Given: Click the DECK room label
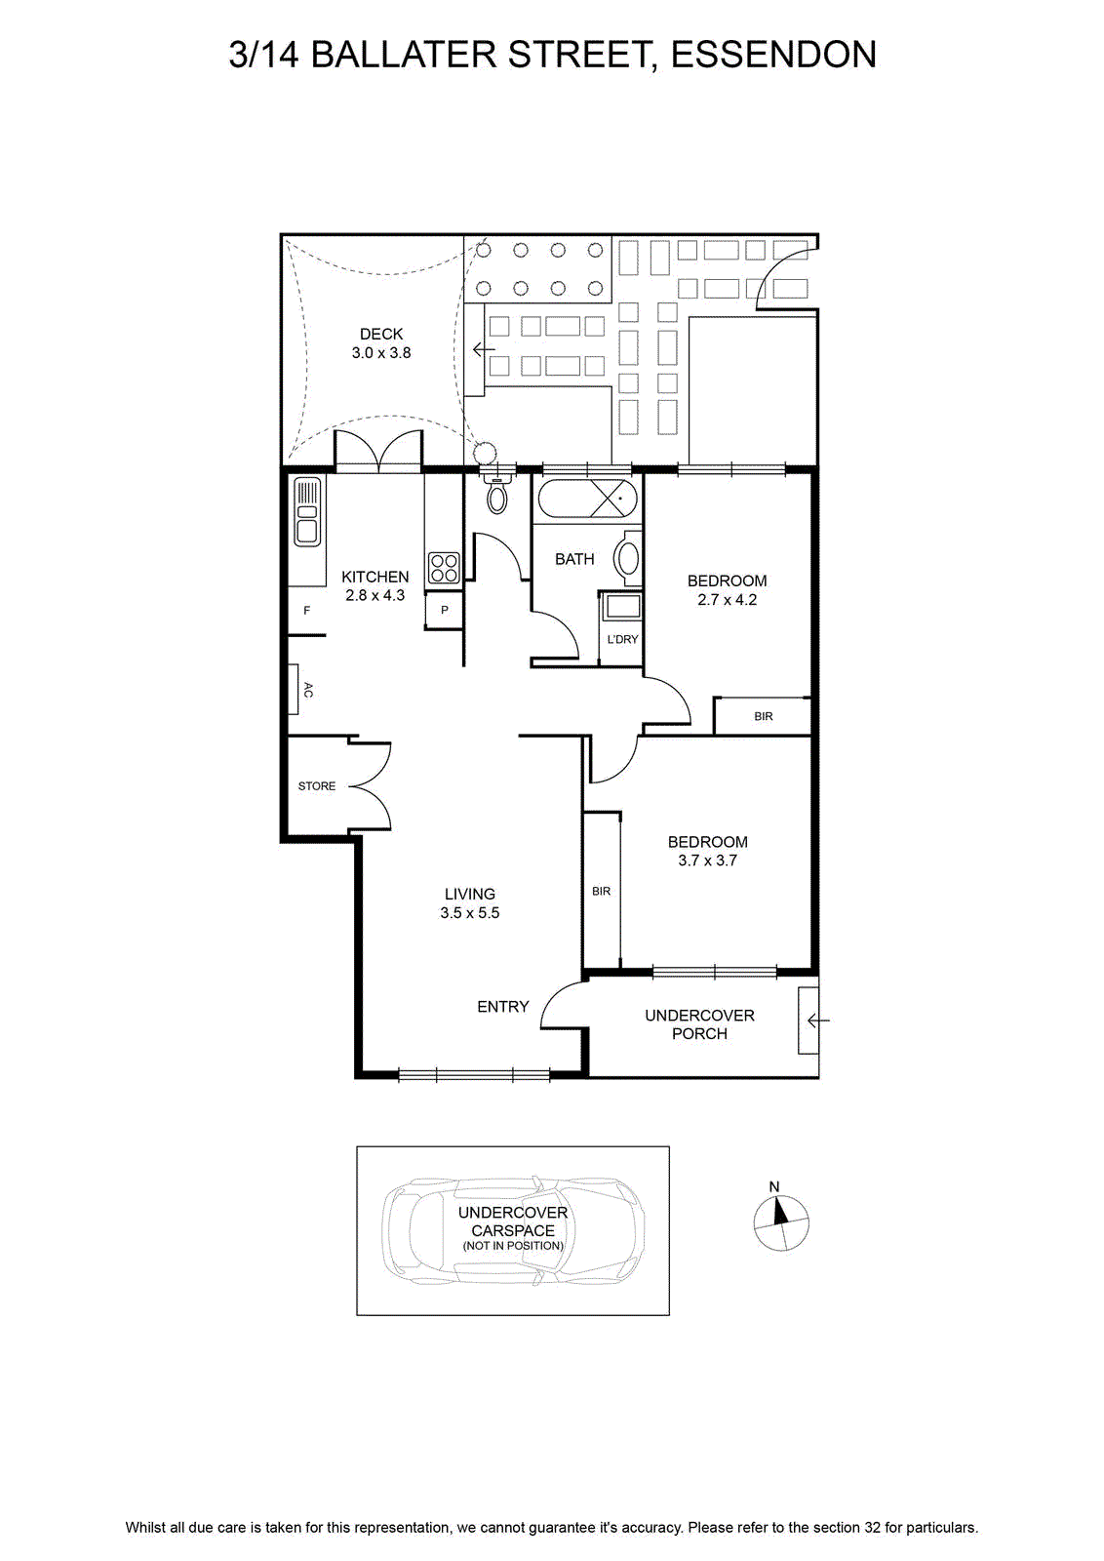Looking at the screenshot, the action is (x=381, y=334).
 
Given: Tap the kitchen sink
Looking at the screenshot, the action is (x=307, y=511).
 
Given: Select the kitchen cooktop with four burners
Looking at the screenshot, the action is (x=444, y=567).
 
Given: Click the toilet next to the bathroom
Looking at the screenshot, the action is (x=496, y=494).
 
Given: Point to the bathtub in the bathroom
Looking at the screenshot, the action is (x=587, y=499).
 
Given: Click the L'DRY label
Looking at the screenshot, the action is (x=622, y=639).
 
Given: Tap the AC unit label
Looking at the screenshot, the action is (x=308, y=690).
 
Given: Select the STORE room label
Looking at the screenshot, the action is (x=317, y=786).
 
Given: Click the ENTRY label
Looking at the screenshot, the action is (x=503, y=1006).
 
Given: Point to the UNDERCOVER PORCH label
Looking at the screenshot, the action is (x=699, y=1024).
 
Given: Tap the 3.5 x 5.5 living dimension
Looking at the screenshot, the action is (x=469, y=913).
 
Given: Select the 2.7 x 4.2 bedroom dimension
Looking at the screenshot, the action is (x=728, y=599).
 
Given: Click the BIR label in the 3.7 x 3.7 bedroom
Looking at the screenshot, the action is (x=601, y=892).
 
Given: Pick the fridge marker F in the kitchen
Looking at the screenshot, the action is (x=306, y=611).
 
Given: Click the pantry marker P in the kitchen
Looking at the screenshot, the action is (x=445, y=611).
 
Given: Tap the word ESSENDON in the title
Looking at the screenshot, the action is (x=773, y=55).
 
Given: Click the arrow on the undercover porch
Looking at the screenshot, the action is (x=818, y=1021).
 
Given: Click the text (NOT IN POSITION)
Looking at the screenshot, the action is (x=513, y=1245).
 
